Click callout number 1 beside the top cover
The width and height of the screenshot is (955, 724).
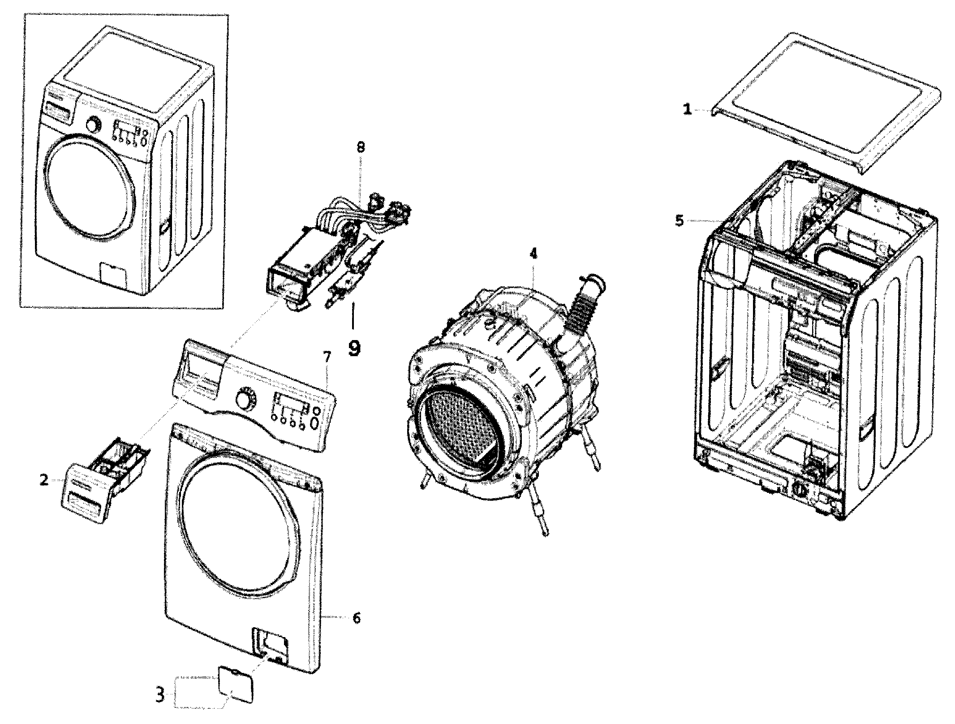687,109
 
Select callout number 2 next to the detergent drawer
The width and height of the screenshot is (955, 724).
44,480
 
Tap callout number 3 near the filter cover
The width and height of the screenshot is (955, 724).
160,707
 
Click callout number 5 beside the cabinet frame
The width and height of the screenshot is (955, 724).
680,220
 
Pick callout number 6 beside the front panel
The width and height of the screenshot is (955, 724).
357,618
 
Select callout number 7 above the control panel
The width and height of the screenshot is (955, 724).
327,357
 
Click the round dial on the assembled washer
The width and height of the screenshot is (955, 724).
93,125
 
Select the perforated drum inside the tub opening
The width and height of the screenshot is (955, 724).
461,430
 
